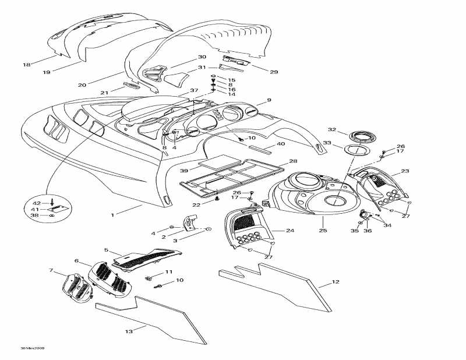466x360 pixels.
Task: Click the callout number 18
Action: (26, 65)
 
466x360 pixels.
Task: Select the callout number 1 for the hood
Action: (112, 215)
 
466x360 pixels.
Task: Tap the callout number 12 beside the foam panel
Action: (335, 283)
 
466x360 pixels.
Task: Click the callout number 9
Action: (269, 100)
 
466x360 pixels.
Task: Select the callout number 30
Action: (202, 57)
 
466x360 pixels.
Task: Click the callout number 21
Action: (104, 93)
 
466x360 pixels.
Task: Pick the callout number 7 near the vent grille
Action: (51, 271)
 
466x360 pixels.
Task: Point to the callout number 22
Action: (196, 204)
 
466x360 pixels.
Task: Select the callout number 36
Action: (366, 231)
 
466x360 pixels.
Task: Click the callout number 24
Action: (290, 231)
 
